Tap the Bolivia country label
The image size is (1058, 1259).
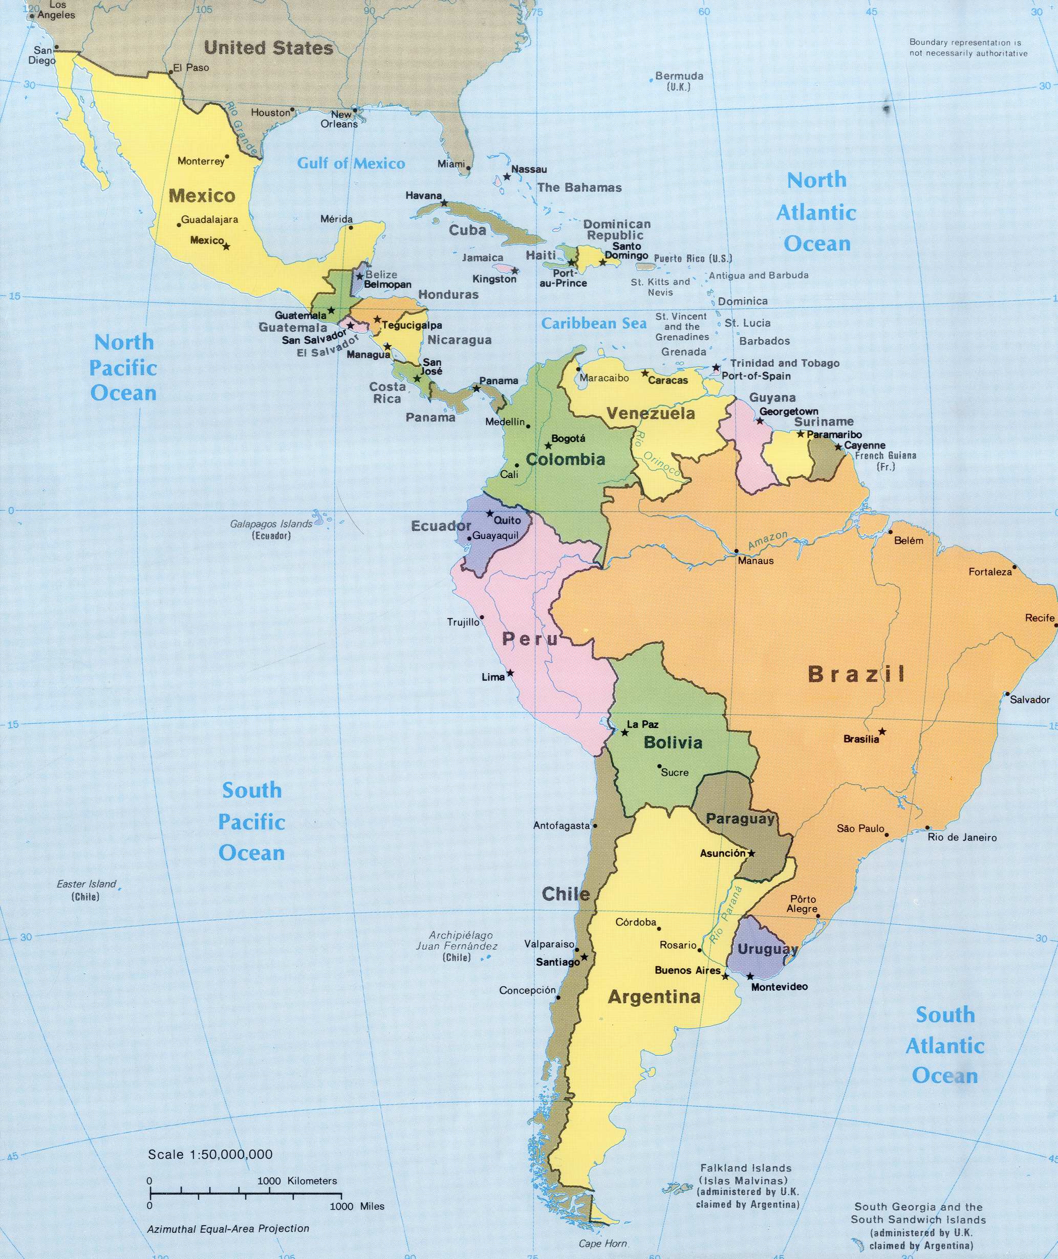click(x=673, y=743)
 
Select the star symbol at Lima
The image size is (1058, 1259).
click(x=510, y=673)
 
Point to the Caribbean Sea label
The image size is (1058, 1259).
click(x=594, y=324)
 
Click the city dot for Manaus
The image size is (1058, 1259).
click(x=736, y=550)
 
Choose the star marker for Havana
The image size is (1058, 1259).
click(x=444, y=203)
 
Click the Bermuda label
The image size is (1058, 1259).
click(x=679, y=76)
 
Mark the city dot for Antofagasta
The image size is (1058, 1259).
click(x=595, y=826)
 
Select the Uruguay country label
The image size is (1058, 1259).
click(x=767, y=949)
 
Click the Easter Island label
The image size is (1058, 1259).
click(x=87, y=883)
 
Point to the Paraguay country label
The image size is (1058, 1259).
click(x=740, y=819)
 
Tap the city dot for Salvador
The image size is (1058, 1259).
click(x=1007, y=695)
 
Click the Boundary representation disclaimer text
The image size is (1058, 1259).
click(x=968, y=48)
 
